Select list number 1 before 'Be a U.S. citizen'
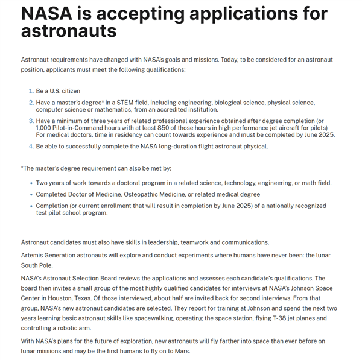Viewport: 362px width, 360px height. pyautogui.click(x=31, y=91)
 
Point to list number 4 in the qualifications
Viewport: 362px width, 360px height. pyautogui.click(x=31, y=147)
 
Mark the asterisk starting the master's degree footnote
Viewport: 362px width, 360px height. pyautogui.click(x=22, y=168)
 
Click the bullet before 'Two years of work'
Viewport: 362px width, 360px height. pyautogui.click(x=31, y=183)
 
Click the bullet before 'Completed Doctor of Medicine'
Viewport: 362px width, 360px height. pyautogui.click(x=31, y=194)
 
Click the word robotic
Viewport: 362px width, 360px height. pyautogui.click(x=70, y=329)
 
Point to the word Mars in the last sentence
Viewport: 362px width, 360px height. pyautogui.click(x=180, y=351)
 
